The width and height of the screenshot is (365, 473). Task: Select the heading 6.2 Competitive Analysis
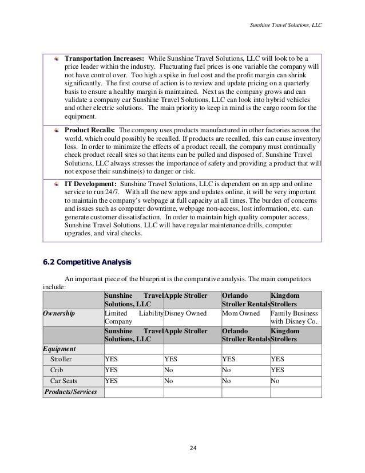tap(88, 263)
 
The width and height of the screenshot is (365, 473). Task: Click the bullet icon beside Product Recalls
tap(56, 129)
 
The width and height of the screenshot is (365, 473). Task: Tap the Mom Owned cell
tap(241, 314)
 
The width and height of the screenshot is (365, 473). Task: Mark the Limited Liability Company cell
tap(133, 318)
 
